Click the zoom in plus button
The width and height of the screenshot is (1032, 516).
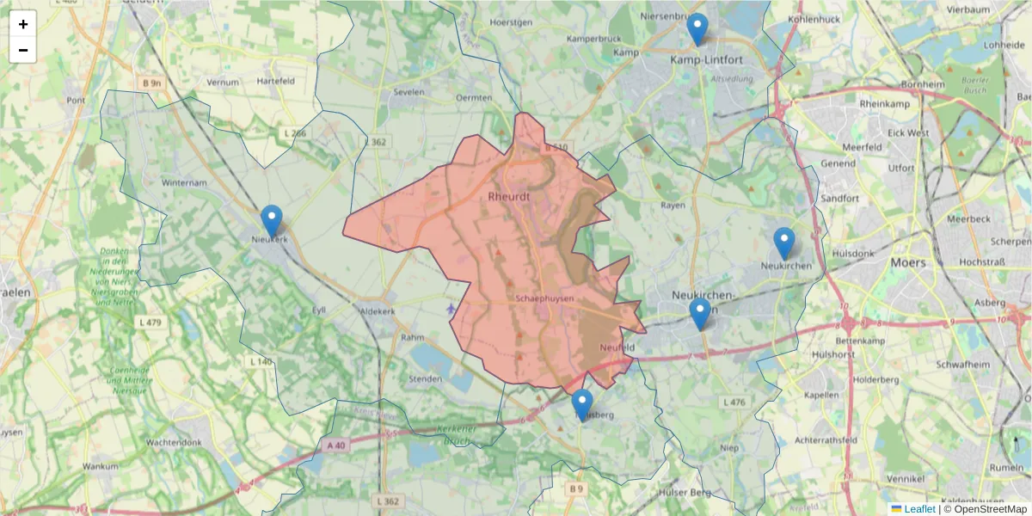tap(23, 24)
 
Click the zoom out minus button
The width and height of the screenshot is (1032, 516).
tap(23, 50)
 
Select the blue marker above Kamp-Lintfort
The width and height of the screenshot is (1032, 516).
tap(697, 29)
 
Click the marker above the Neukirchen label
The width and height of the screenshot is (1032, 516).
tap(783, 243)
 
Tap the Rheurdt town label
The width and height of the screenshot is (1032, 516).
tap(510, 196)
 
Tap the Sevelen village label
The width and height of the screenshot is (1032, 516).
tap(408, 90)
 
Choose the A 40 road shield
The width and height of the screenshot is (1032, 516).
tap(335, 445)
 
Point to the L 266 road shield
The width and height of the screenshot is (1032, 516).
tap(294, 133)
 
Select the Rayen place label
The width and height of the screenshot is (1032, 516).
tap(673, 206)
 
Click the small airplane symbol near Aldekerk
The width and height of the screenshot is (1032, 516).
tap(451, 308)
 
